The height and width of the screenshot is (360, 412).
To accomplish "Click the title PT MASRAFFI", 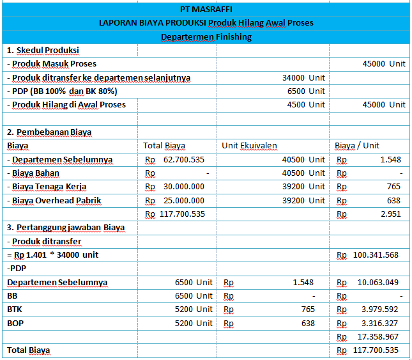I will pos(206,9).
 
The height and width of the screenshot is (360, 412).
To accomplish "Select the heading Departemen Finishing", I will pos(206,36).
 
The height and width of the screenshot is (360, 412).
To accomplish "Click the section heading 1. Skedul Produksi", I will pos(43,51).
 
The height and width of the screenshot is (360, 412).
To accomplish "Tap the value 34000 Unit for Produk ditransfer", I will pos(303,77).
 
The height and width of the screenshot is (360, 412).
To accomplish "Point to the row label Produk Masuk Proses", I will pos(54,64).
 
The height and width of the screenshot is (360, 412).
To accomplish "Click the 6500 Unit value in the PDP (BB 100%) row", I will pos(306,91).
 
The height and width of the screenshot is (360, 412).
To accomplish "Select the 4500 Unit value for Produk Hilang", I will pos(306,104).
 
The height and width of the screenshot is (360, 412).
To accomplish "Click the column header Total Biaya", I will pos(164,145).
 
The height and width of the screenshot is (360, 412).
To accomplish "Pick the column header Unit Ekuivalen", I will pos(249,145).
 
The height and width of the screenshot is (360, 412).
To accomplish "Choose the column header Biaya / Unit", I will pos(356,145).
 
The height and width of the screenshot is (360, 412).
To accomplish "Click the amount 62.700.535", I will pos(184,159).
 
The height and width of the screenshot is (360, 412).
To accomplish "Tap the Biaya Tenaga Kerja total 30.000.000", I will pos(184,187).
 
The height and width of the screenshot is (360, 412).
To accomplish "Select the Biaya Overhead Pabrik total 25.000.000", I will pos(184,200).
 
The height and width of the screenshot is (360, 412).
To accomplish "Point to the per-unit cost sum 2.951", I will pos(390,214).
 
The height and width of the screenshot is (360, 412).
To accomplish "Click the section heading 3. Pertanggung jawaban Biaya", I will pos(66,227).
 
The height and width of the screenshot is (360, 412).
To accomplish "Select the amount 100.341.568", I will pos(376,255).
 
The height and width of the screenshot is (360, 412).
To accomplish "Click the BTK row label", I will pos(15,309).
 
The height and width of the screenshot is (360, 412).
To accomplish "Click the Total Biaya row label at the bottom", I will pos(29,350).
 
